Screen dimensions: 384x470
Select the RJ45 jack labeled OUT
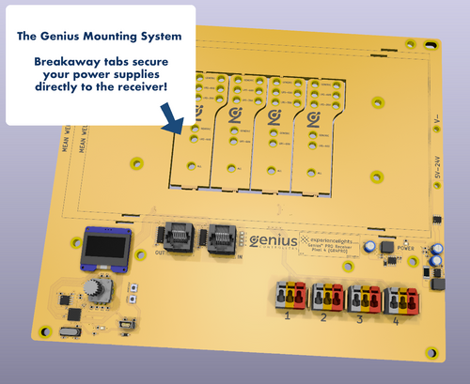tap(179, 236)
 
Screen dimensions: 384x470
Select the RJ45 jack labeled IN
tap(222, 236)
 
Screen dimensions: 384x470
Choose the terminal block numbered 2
tap(327, 298)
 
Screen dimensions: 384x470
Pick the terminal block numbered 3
tap(365, 299)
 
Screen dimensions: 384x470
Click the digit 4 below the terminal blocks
tap(396, 322)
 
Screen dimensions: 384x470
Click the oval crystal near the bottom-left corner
tap(67, 332)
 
